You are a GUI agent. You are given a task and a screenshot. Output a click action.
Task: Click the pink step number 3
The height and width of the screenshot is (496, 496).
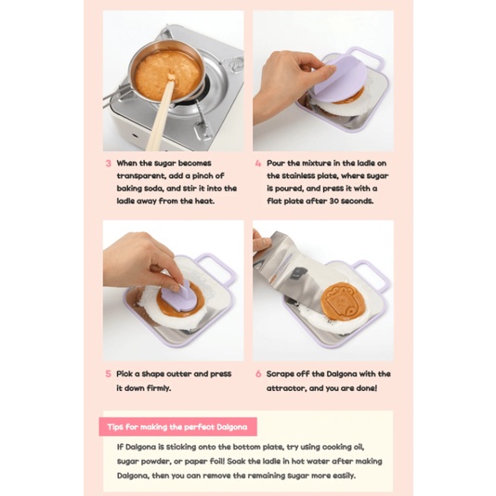pos(108,163)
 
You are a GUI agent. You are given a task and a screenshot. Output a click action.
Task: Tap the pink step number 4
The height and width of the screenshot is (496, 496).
pos(258,163)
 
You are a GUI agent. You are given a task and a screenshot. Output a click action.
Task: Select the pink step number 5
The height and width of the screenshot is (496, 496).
pos(108,374)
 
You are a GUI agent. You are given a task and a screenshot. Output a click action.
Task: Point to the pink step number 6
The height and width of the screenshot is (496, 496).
pos(258,374)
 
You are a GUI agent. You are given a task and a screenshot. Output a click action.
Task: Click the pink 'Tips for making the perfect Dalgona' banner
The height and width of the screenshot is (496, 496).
pos(177,426)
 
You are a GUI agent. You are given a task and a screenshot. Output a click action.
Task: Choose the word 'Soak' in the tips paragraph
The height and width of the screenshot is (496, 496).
pos(236,462)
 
